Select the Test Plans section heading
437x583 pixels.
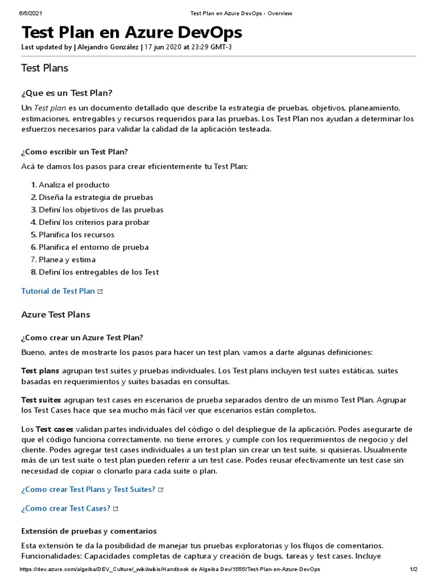[x=44, y=68]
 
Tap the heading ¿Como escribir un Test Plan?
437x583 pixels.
[x=75, y=151]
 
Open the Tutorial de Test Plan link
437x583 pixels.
[x=58, y=291]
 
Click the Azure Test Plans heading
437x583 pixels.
[x=55, y=315]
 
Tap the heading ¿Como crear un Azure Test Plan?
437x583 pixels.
[x=82, y=338]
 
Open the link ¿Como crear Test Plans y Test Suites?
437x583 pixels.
[x=88, y=489]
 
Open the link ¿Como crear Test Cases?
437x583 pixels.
[x=65, y=508]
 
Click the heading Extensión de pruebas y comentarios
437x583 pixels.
[x=89, y=531]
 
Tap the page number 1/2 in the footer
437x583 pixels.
[x=413, y=569]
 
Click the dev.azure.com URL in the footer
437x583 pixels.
[x=170, y=569]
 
